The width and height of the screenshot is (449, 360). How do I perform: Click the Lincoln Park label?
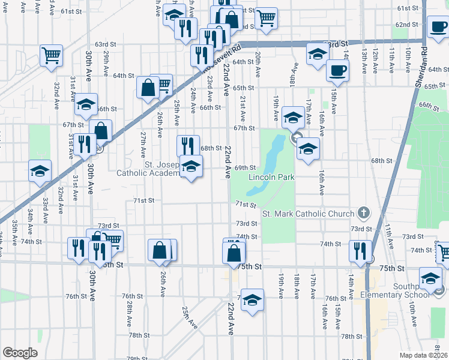[271, 178]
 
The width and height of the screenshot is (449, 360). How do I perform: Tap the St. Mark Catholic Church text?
[308, 214]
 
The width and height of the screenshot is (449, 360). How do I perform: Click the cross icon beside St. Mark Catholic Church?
[363, 212]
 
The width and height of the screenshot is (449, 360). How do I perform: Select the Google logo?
[20, 352]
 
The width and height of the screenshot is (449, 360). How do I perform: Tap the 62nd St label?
[406, 25]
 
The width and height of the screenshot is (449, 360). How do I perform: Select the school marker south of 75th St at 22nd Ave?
[253, 300]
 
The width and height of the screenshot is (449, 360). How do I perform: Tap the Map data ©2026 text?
[424, 355]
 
